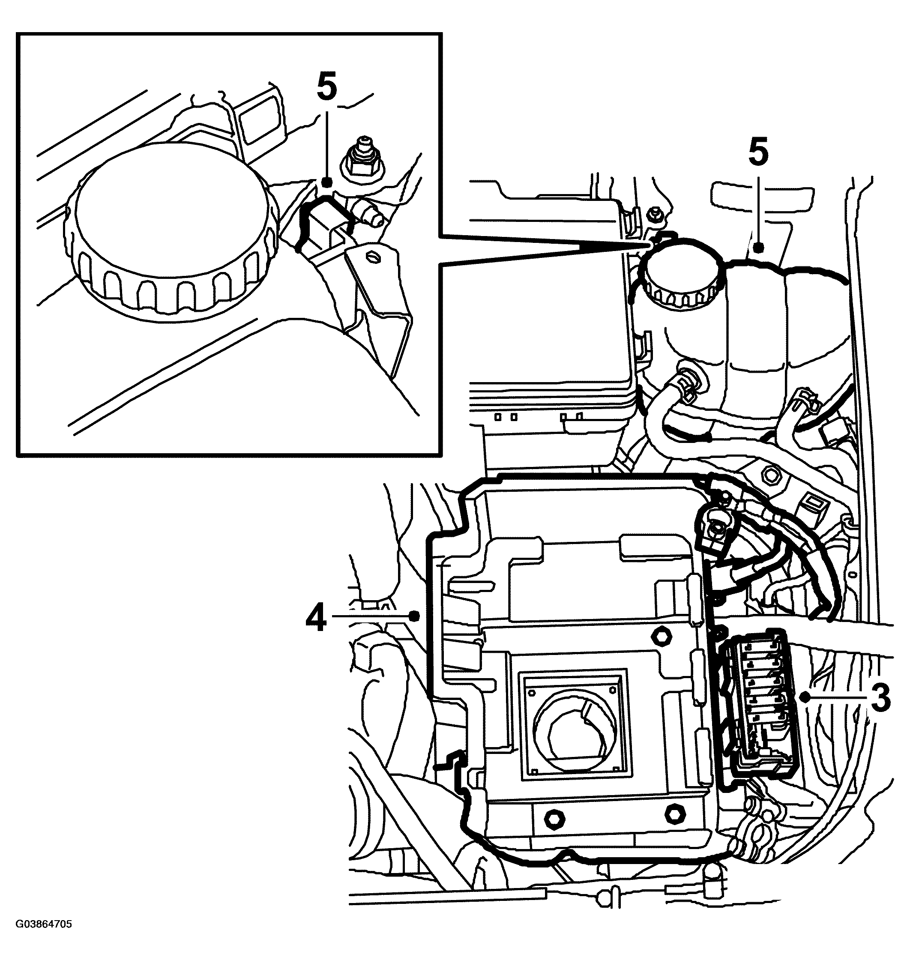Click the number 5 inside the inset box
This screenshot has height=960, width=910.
326,88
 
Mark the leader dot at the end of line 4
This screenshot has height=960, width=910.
414,616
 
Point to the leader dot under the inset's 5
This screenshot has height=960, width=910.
326,182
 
